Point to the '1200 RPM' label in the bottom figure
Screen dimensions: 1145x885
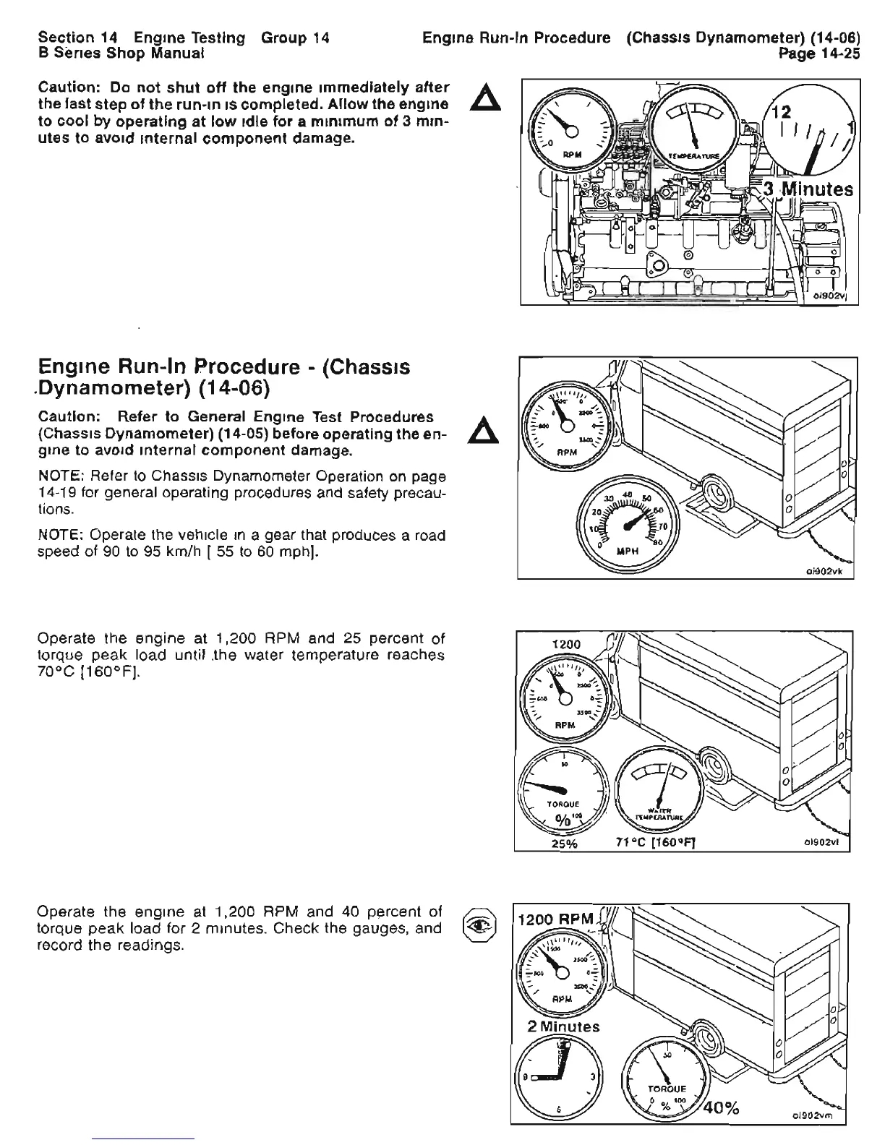coord(556,920)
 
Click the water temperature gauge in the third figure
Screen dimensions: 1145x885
coord(657,789)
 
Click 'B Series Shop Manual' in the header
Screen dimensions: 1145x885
coord(121,53)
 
